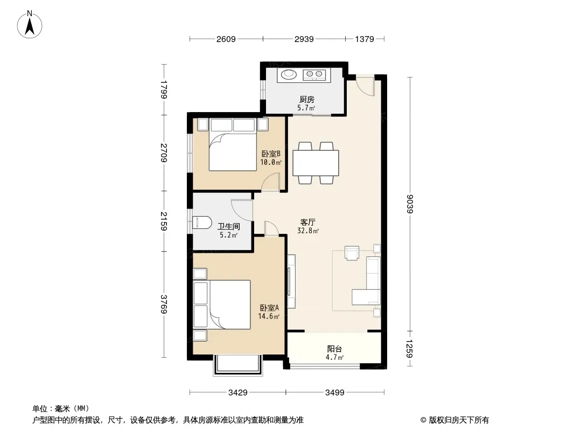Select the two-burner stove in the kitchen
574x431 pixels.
(x=314, y=74)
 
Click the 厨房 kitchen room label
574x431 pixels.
(x=307, y=99)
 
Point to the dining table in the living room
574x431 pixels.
(x=316, y=163)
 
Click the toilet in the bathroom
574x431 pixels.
(x=202, y=223)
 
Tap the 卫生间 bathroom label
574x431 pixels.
(x=229, y=226)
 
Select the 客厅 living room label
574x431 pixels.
(x=308, y=223)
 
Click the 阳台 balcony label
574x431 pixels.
(x=334, y=349)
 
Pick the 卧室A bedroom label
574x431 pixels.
(x=269, y=308)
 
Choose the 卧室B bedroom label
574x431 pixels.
(x=271, y=154)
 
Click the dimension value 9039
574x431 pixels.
(x=410, y=204)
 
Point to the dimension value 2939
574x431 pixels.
(x=304, y=39)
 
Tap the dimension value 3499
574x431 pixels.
(x=334, y=393)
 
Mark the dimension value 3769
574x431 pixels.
(x=164, y=304)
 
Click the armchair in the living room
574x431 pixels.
(x=352, y=253)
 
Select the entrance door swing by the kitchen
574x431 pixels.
(x=366, y=86)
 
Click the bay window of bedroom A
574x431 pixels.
(x=238, y=365)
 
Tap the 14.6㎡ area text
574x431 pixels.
(x=269, y=316)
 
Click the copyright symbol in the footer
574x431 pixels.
(x=423, y=420)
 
